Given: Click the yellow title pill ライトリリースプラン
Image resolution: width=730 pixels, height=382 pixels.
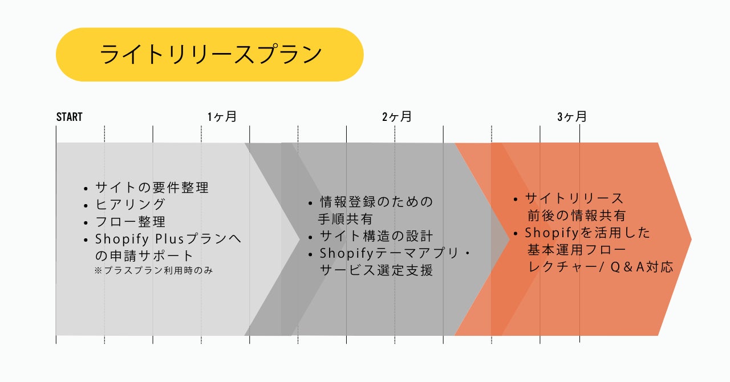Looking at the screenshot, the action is (209, 55).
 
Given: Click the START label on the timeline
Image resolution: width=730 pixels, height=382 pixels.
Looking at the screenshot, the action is (69, 117).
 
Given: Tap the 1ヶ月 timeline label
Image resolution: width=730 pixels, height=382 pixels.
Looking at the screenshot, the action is (222, 117).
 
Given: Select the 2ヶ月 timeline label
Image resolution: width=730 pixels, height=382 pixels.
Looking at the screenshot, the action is (396, 117).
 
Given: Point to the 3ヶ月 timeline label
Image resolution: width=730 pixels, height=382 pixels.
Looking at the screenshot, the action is (571, 117).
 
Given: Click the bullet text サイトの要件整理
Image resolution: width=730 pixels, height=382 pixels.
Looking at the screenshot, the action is (152, 187).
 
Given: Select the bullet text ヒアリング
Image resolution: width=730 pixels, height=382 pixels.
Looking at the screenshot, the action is (130, 204).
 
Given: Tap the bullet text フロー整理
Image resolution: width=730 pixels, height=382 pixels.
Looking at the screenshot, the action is (130, 221).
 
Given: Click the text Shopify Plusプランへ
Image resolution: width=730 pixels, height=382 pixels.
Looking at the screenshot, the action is (168, 239).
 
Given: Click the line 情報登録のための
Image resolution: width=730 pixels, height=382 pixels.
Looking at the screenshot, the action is (376, 202).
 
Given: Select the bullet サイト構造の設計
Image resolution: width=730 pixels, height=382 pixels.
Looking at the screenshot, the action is (376, 236).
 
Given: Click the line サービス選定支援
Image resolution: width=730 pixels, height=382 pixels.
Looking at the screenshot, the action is (376, 270).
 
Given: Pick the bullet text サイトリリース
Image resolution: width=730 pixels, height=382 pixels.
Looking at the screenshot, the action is (574, 198).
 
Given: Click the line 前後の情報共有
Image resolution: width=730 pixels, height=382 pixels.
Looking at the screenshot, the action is (577, 216).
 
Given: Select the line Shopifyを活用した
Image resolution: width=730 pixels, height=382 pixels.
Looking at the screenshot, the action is (587, 233).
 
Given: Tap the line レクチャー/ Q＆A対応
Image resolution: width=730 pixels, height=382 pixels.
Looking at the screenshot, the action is (601, 267).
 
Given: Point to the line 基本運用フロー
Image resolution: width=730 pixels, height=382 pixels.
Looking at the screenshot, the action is (577, 250).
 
